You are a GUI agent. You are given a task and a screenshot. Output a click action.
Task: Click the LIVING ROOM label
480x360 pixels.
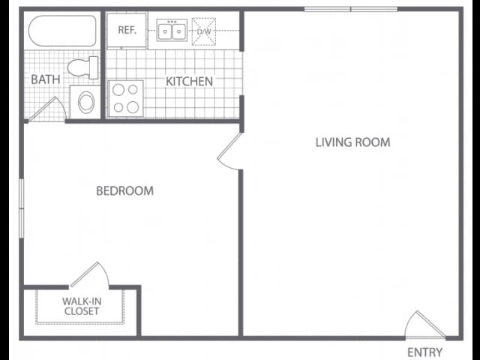coord(352,142)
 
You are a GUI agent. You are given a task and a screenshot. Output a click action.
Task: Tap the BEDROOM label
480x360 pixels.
coord(124,190)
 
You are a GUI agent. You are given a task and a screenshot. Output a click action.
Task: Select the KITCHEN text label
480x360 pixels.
coord(189,81)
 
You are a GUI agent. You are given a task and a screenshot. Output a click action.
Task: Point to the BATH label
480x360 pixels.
coord(45,79)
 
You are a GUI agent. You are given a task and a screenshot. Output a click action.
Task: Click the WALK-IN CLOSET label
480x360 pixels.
coord(81,306)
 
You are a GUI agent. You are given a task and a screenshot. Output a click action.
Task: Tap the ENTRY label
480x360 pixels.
coord(424,352)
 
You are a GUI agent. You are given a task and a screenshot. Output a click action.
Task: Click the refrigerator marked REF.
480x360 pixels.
coord(126,31)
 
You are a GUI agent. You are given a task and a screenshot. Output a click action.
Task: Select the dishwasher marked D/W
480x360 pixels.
coord(203,31)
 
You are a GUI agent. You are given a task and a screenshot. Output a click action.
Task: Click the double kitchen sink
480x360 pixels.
coord(172,31)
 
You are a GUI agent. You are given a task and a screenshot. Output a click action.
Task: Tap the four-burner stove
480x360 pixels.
coord(126,98)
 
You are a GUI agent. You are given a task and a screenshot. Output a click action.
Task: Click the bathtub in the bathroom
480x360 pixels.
coord(62,31)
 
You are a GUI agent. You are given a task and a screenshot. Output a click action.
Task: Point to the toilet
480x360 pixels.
coord(83,68)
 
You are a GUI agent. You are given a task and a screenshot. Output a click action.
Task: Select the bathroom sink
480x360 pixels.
coord(85,101)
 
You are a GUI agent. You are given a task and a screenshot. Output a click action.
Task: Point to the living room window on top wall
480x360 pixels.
coord(350,10)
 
